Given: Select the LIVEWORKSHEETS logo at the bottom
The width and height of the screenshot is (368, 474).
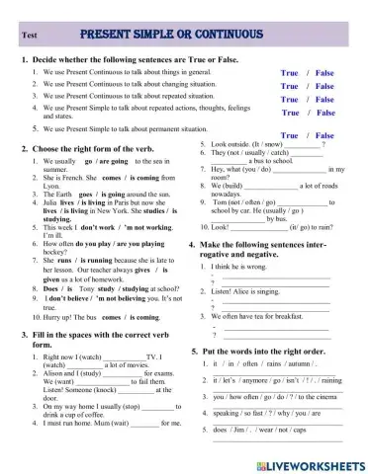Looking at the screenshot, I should [x=306, y=462].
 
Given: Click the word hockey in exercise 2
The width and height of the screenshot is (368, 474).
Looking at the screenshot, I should [x=58, y=251].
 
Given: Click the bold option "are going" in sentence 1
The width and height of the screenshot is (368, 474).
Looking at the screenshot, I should [x=113, y=159].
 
